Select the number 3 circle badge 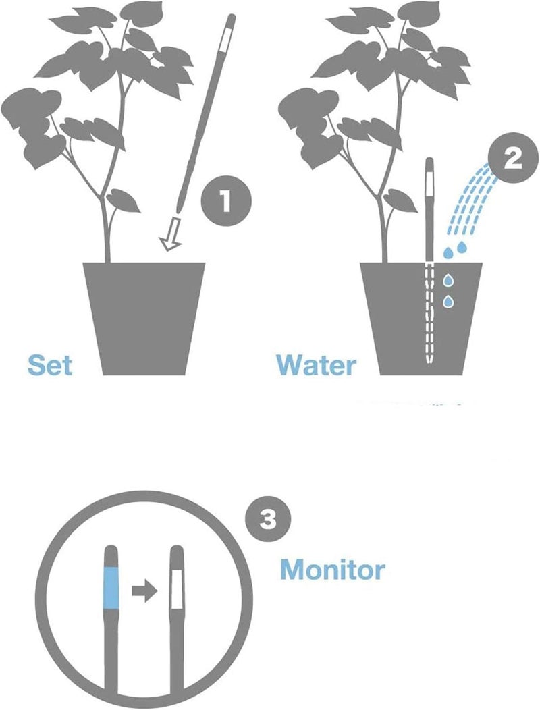267,519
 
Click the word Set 49,364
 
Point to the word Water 316,364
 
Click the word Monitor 332,570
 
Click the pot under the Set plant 144,317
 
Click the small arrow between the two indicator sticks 143,591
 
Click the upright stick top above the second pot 429,202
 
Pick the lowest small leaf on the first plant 124,199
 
